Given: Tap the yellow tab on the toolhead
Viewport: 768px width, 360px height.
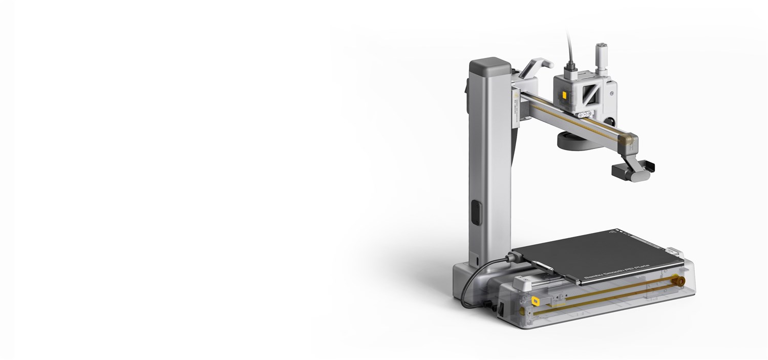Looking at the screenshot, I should point(564,95).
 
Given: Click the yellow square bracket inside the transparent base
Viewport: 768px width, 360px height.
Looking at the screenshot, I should point(535,302).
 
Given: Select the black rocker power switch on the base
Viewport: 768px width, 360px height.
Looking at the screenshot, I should point(501,308).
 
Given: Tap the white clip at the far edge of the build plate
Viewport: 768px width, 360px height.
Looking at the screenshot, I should point(673,251).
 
